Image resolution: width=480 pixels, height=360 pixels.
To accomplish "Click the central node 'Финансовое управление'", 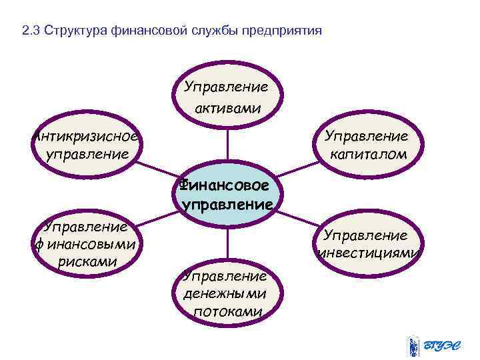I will click(227, 193).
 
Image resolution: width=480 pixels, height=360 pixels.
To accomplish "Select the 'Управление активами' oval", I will click(227, 97).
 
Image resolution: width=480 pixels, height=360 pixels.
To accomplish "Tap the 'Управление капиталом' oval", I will click(366, 146).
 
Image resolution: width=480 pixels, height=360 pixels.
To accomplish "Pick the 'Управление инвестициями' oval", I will click(366, 244).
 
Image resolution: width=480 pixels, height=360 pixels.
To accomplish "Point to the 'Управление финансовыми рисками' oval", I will click(87, 243).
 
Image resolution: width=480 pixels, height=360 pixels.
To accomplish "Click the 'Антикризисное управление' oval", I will click(87, 146).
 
